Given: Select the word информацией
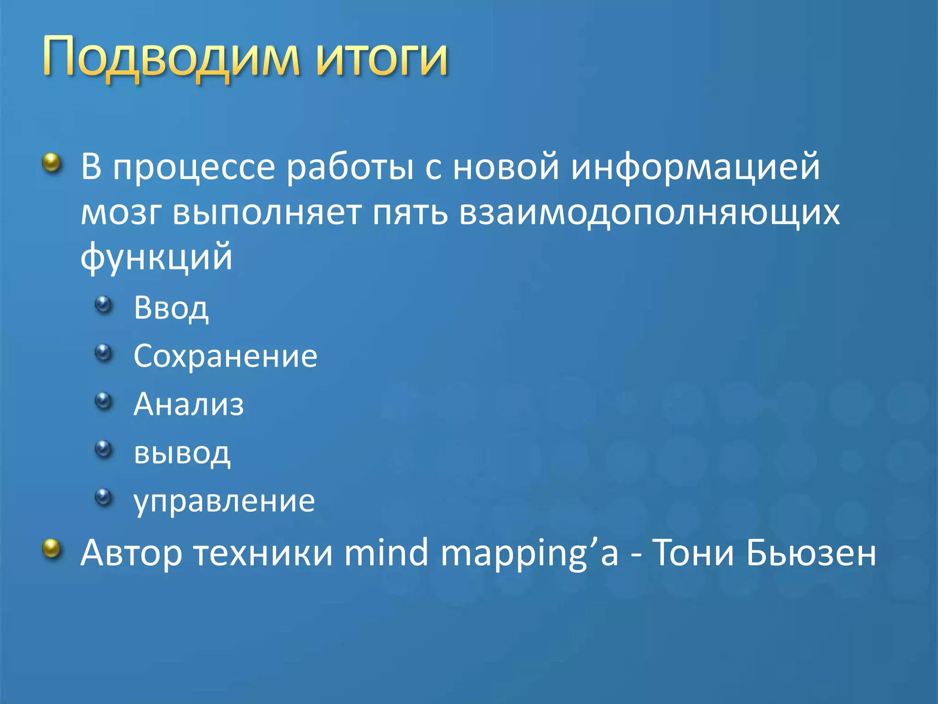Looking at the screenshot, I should [x=695, y=167].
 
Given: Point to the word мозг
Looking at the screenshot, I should [x=121, y=213].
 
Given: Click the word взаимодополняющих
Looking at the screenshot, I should [x=649, y=213].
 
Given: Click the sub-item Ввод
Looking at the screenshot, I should [x=171, y=308].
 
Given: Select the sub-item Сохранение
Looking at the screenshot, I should [x=225, y=356].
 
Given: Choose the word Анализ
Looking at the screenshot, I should [x=189, y=405].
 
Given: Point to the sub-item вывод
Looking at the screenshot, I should [x=182, y=453].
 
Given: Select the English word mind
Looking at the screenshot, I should [x=386, y=553].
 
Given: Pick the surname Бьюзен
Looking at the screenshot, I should [x=811, y=553].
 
